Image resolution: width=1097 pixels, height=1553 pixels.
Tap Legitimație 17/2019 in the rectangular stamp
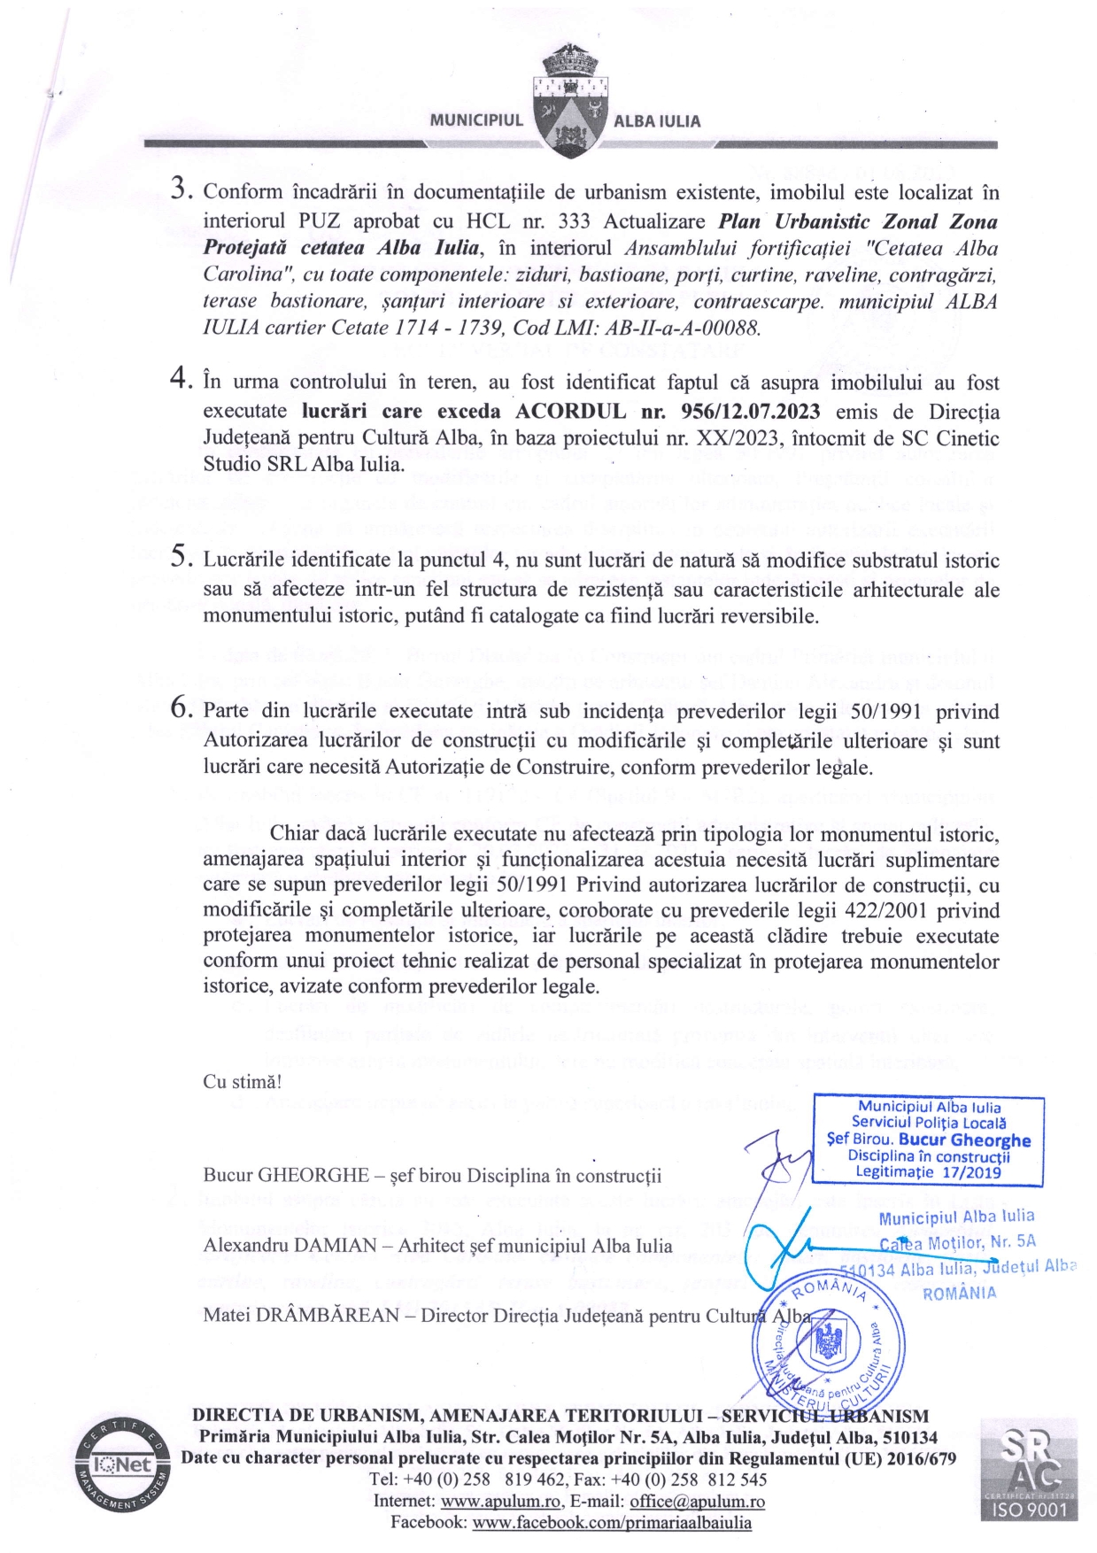927,1171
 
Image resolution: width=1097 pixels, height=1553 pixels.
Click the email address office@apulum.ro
697,1501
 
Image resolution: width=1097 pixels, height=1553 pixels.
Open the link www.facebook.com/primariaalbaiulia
612,1522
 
